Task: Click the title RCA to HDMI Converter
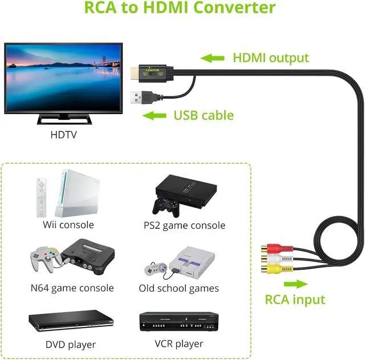coord(180,8)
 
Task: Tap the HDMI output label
coord(270,58)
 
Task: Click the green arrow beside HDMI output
coord(212,58)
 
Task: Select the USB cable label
coord(204,115)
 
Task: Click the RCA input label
coord(295,300)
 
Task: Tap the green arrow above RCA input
coord(293,284)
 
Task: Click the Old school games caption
coord(179,288)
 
